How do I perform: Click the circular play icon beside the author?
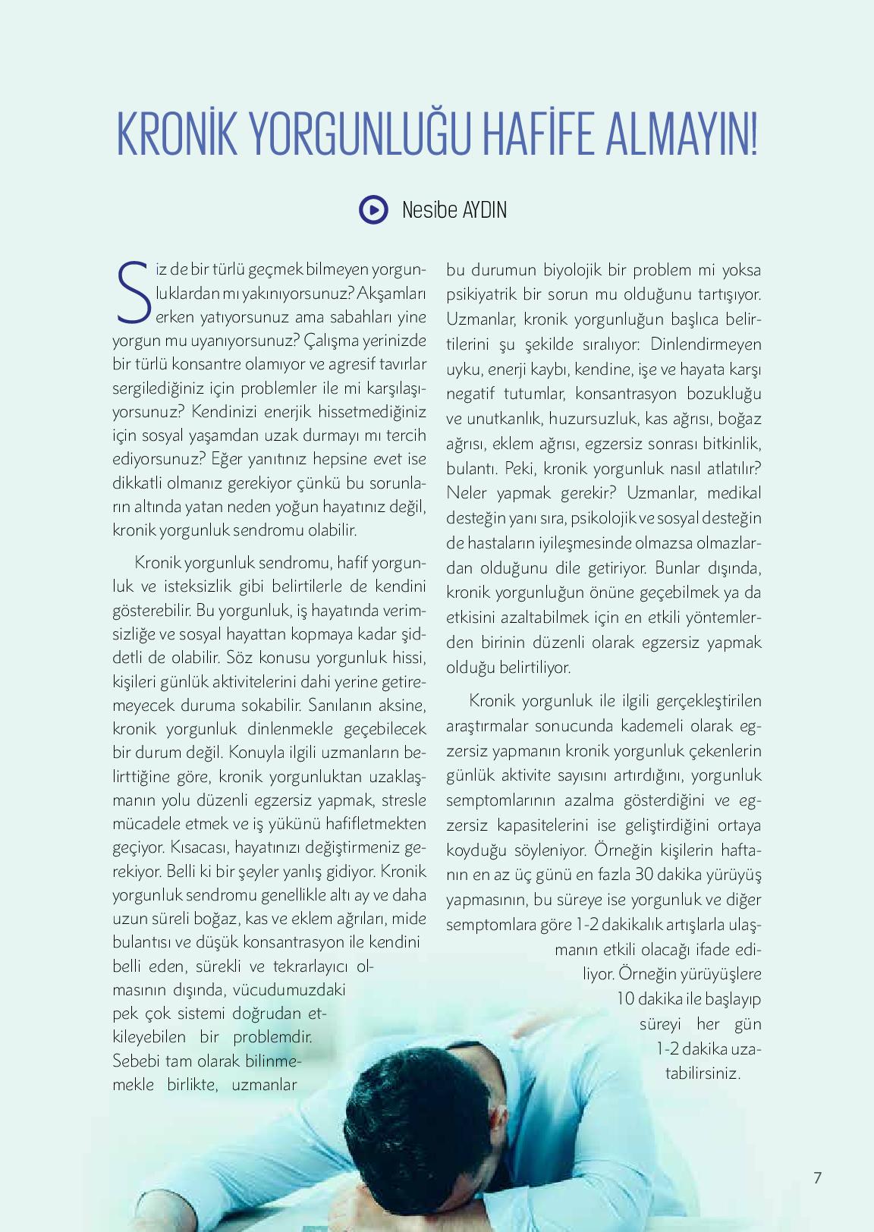coord(373,209)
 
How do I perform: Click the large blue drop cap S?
coord(132,292)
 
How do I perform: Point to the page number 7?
coord(817,1177)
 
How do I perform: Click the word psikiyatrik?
coord(480,294)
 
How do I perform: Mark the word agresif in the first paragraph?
coord(356,364)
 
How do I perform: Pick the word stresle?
coord(404,800)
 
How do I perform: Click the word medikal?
coord(734,493)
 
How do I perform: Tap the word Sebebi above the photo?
coord(137,1061)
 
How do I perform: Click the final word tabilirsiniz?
coord(702,1073)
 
